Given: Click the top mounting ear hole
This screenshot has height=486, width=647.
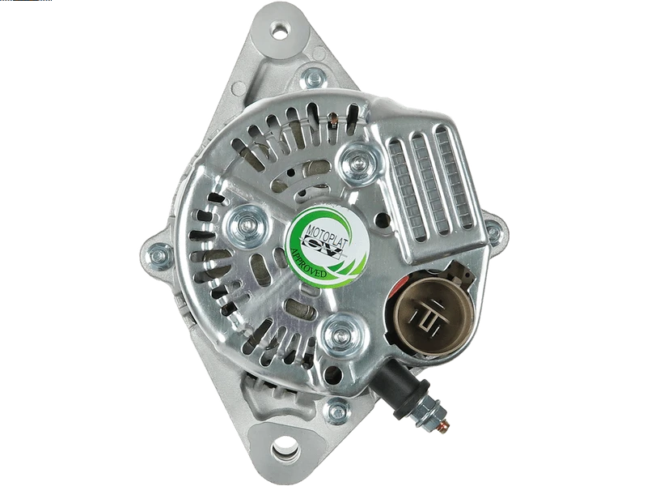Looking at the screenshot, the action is click(280, 29).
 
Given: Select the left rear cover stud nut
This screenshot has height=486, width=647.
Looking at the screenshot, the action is click(247, 225).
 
